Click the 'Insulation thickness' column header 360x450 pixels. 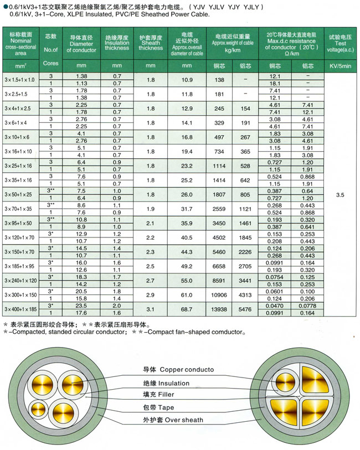117,44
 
